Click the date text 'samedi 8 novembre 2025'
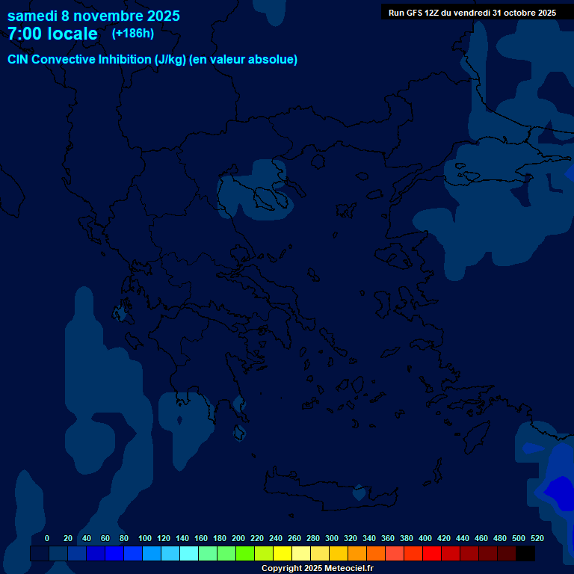[x=93, y=16]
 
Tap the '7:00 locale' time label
[x=52, y=34]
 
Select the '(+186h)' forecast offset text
[x=132, y=34]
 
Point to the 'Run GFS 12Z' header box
[x=472, y=13]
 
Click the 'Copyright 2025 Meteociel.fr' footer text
[x=317, y=569]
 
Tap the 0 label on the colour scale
[x=47, y=538]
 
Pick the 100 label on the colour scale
[x=145, y=538]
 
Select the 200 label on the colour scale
[x=238, y=538]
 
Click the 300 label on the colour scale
[x=332, y=538]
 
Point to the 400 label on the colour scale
[x=425, y=538]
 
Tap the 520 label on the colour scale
[x=537, y=538]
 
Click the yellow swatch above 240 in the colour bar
[x=283, y=554]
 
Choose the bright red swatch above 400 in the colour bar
[x=432, y=554]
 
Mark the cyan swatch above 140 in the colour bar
[x=189, y=554]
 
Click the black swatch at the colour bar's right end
[x=525, y=554]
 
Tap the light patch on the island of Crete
[x=360, y=493]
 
